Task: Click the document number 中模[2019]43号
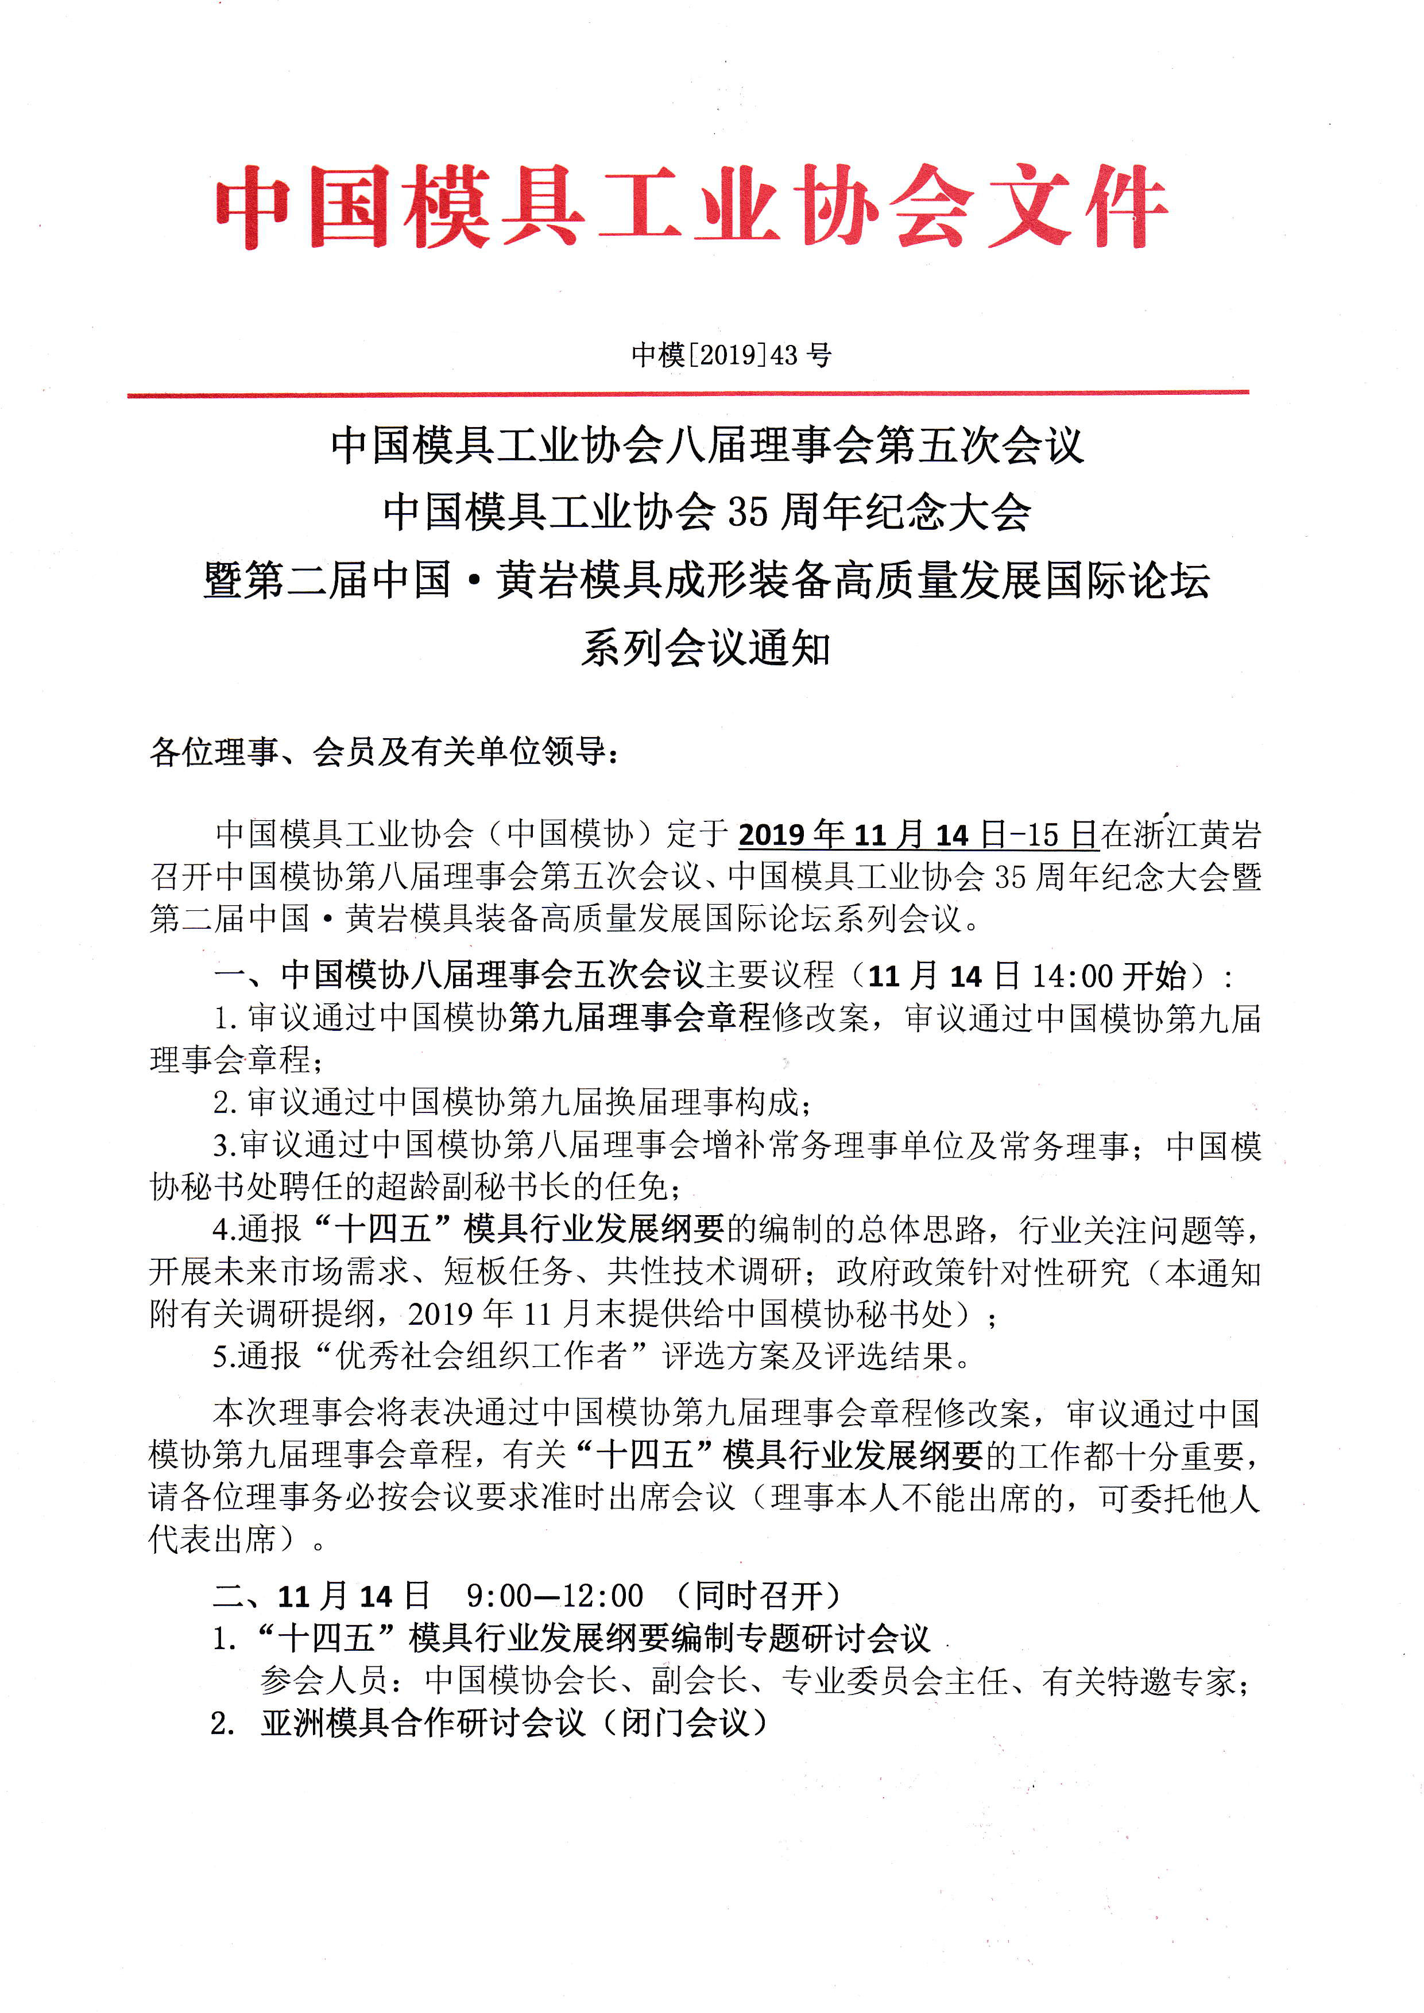point(732,355)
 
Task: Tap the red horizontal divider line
point(687,394)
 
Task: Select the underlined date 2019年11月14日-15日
point(917,834)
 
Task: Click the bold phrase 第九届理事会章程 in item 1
point(639,1018)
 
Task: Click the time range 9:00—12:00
point(554,1595)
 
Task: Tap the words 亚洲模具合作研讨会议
point(423,1723)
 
